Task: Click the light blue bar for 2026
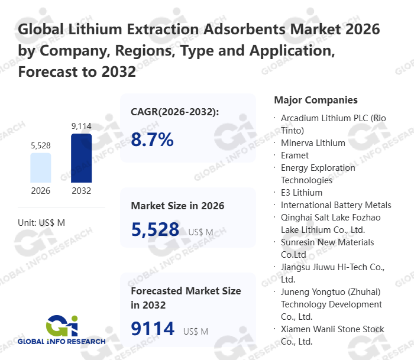[x=41, y=168]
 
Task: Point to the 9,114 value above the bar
[x=81, y=126]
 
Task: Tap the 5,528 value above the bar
[x=41, y=145]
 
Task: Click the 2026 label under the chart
[x=41, y=191]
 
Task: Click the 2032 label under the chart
[x=81, y=191]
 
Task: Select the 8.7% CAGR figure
[x=153, y=140]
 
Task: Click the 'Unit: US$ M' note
[x=41, y=222]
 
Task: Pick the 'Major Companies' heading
[x=316, y=100]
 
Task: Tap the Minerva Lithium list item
[x=313, y=142]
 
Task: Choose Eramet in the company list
[x=295, y=155]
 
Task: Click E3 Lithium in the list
[x=302, y=192]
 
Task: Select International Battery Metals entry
[x=336, y=205]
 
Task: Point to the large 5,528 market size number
[x=155, y=229]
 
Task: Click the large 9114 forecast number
[x=153, y=329]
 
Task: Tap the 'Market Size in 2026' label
[x=177, y=206]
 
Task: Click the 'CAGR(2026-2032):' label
[x=174, y=112]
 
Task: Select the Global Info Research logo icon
[x=62, y=325]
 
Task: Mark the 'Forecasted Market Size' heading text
[x=186, y=291]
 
